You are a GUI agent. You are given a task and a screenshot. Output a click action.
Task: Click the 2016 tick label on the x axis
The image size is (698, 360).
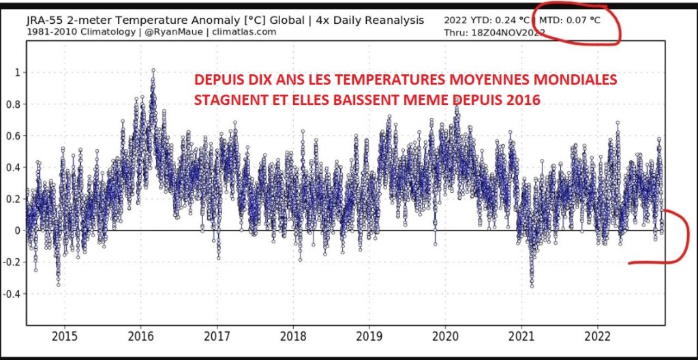140,336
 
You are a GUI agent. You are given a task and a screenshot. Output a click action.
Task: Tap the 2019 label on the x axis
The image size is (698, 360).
369,336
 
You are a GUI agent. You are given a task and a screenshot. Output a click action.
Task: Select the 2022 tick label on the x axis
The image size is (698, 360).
598,336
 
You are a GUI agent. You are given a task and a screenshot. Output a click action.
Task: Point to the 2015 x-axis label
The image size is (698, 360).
64,336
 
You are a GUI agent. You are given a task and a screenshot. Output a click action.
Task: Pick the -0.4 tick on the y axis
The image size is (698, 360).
11,294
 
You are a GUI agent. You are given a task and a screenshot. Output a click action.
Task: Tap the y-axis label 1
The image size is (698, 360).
16,72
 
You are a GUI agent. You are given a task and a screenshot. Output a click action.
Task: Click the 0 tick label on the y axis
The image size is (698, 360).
16,230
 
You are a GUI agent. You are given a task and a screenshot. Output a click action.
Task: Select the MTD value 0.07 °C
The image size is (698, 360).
585,20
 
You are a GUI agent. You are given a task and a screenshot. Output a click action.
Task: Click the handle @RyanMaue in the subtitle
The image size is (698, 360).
180,32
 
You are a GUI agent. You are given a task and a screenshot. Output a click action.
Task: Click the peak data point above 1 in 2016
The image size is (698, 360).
153,70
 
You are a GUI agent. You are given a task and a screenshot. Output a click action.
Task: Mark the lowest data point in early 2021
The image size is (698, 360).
532,286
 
